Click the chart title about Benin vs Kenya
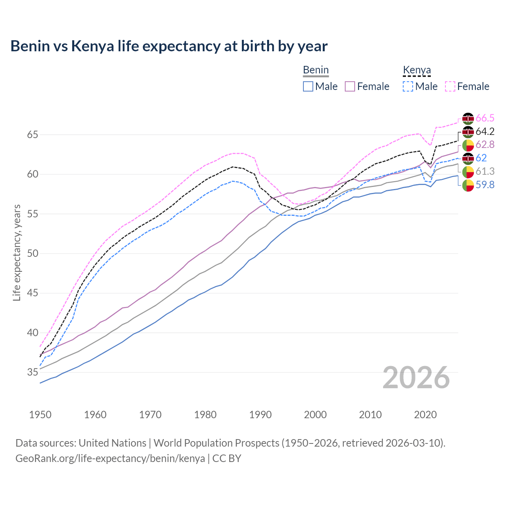(169, 46)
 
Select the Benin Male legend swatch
(308, 86)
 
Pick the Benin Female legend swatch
(350, 86)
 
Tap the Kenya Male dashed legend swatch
(408, 86)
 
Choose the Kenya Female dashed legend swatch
(450, 86)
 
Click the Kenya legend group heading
(417, 70)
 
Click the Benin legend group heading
(316, 70)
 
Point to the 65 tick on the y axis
(32, 135)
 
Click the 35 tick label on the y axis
(32, 372)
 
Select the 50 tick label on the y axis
(32, 254)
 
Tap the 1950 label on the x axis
(40, 415)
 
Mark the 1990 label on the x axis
(260, 415)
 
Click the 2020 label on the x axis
(425, 415)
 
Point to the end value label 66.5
(485, 118)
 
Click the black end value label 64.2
(485, 132)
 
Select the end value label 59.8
(485, 185)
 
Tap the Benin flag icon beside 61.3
(468, 172)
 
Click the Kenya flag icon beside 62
(468, 158)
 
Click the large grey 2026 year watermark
(416, 378)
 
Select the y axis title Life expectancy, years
(17, 252)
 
